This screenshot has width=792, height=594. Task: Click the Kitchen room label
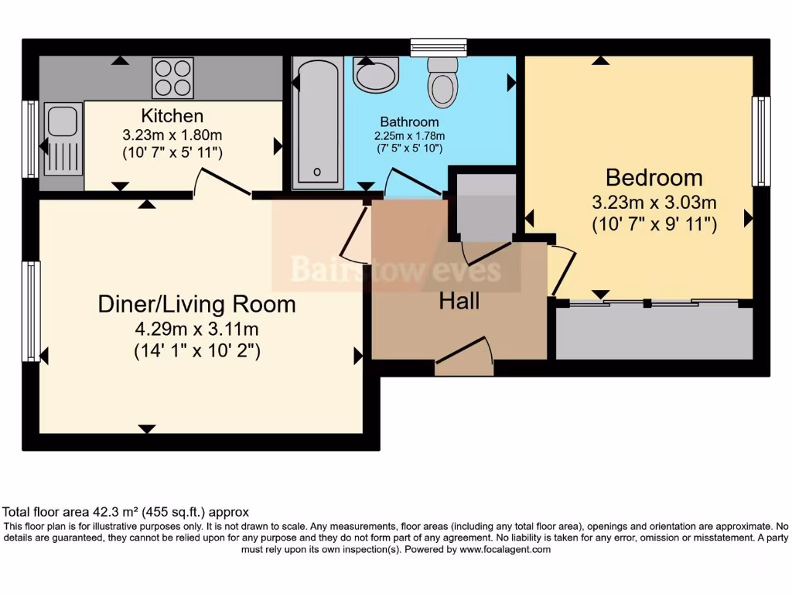tap(172, 116)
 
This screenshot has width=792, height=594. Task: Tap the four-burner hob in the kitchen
tap(172, 78)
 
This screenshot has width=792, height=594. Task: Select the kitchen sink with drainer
tap(63, 138)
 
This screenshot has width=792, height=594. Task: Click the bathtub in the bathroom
tap(318, 122)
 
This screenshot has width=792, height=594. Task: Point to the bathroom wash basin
tap(377, 73)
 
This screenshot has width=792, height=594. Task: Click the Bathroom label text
tap(409, 121)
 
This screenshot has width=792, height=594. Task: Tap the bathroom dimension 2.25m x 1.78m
tap(409, 136)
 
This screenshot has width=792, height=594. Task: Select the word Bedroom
tap(654, 178)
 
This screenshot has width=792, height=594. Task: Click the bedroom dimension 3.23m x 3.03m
tap(654, 203)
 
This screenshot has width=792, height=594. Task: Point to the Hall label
tap(459, 301)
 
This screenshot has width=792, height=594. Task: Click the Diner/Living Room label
tap(197, 304)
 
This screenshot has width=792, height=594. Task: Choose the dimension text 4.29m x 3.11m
tap(197, 329)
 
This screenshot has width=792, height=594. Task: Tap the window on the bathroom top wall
tap(439, 47)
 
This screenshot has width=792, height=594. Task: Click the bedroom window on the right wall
tap(761, 141)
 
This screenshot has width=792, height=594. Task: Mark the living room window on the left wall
tap(31, 311)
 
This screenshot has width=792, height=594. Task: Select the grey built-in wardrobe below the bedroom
tap(654, 333)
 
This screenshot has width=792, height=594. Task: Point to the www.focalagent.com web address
tap(504, 550)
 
